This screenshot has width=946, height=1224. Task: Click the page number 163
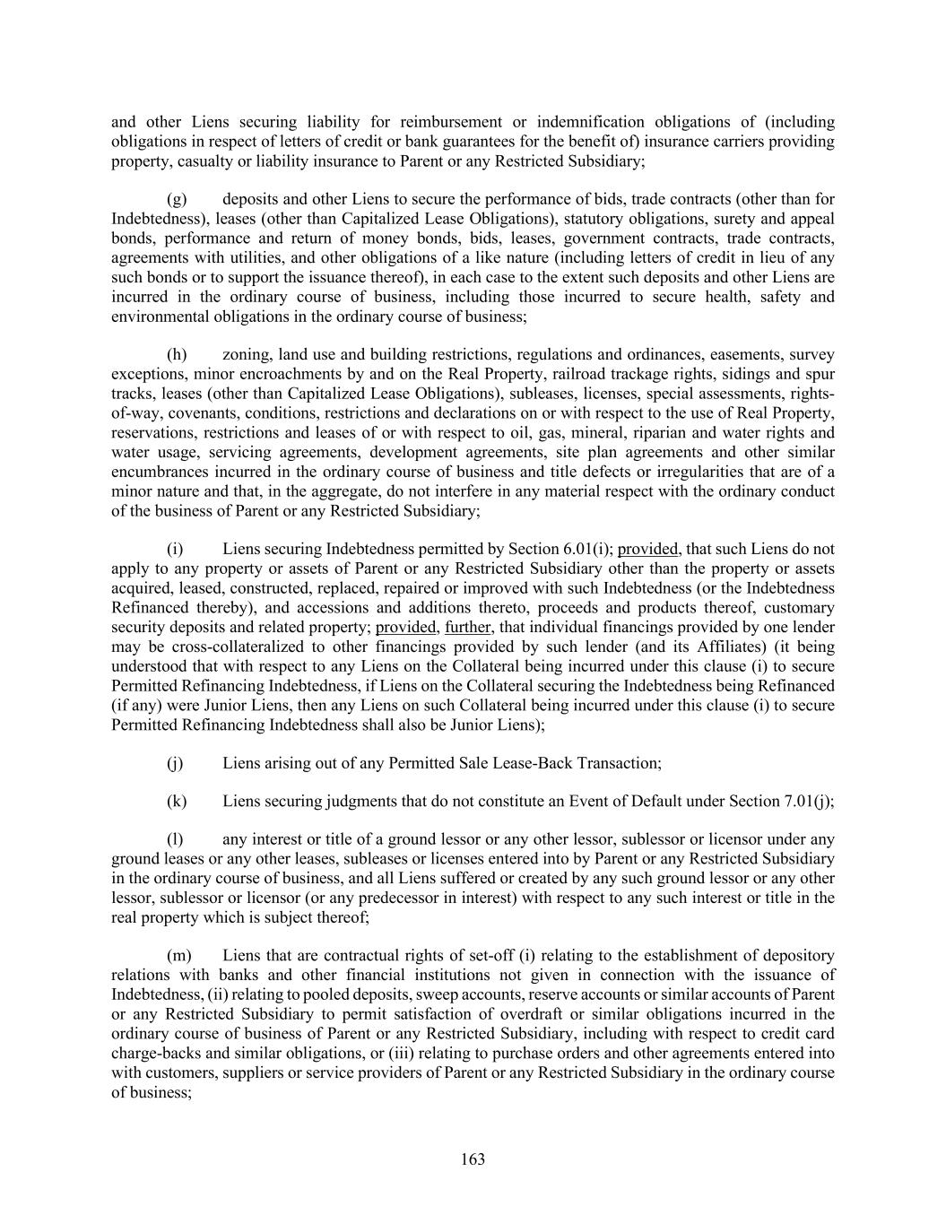473,1159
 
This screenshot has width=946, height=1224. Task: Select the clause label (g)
177,200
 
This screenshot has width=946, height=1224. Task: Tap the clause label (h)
177,355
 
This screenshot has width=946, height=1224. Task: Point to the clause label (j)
175,763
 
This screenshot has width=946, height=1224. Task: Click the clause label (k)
177,802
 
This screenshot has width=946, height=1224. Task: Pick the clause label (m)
179,957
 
